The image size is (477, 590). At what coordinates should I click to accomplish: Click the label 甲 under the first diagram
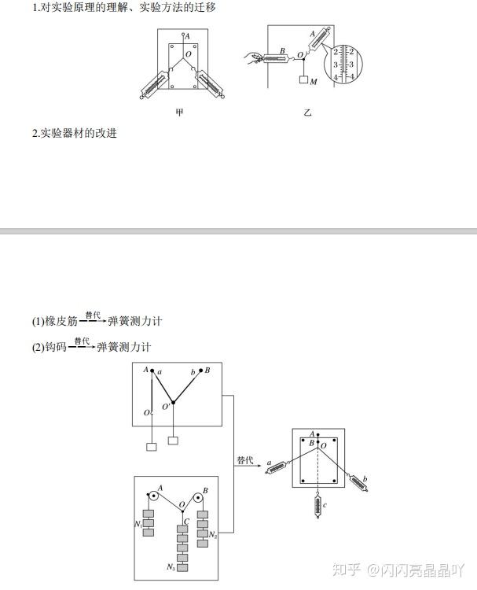(x=179, y=113)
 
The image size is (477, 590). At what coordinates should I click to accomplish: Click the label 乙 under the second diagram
(x=307, y=113)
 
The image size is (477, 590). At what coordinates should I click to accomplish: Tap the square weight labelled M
(x=303, y=80)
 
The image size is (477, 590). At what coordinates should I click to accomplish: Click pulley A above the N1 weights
(x=152, y=497)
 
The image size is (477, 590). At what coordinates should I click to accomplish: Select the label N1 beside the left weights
(x=138, y=522)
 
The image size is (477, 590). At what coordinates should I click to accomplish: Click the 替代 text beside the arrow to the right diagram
(x=245, y=460)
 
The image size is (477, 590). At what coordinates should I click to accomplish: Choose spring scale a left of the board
(x=277, y=468)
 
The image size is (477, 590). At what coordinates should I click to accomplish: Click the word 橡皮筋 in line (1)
(x=62, y=321)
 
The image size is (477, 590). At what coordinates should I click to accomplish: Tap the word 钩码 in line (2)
(x=57, y=347)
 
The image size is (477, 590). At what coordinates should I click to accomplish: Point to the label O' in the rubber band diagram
(x=166, y=407)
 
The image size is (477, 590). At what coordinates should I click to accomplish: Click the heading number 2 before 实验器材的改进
(x=35, y=133)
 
